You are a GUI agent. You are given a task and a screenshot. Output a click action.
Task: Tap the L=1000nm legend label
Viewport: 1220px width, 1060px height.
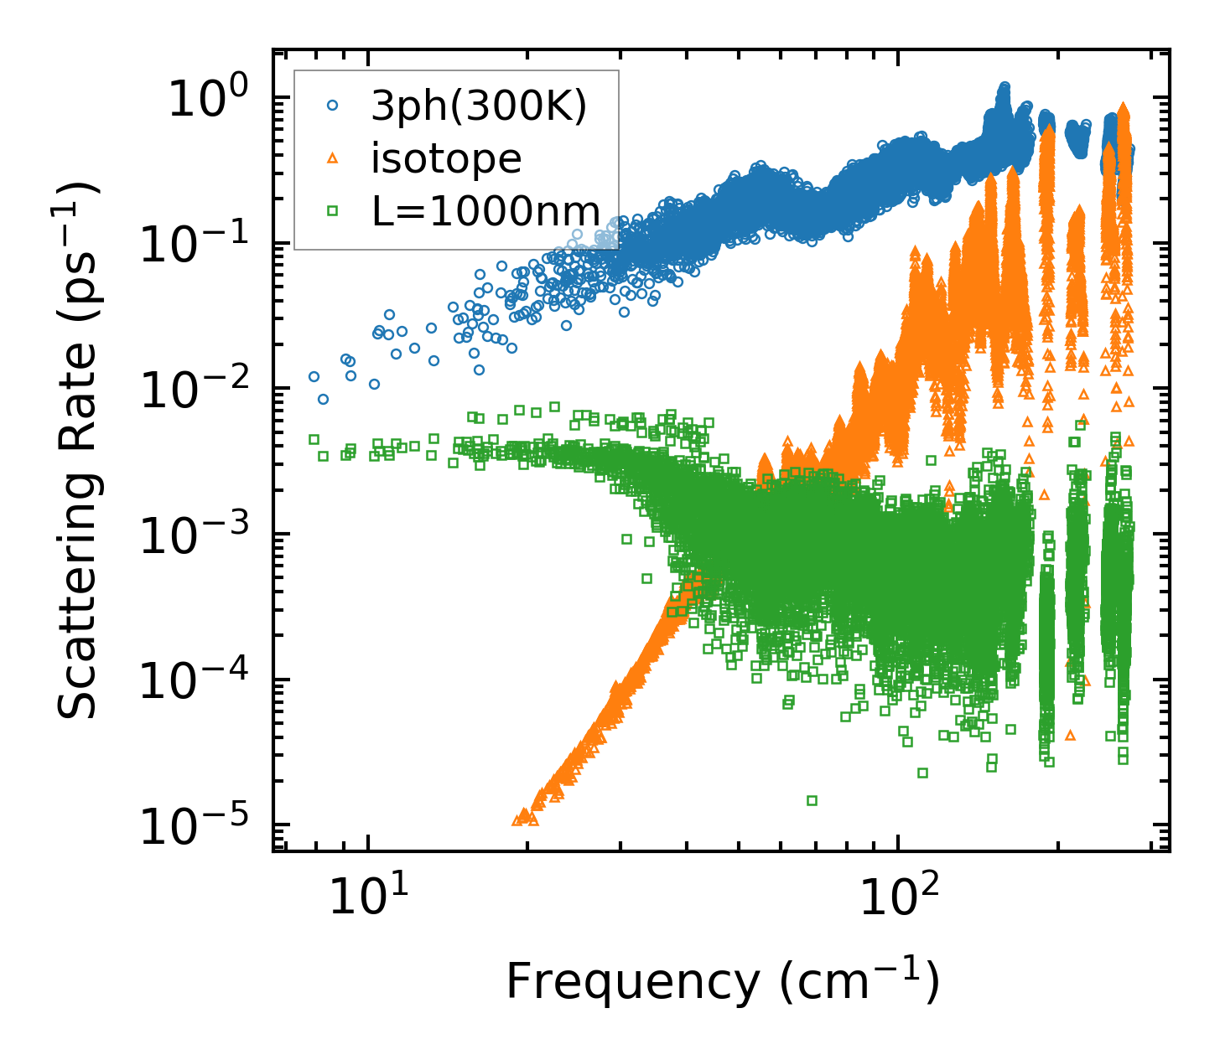point(486,211)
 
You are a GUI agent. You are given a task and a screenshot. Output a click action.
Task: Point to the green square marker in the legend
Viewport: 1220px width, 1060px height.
point(333,211)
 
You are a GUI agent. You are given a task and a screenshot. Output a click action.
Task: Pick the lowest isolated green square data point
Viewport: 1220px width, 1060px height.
point(812,800)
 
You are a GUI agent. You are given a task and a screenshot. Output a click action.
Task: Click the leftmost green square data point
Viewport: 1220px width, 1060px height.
point(314,439)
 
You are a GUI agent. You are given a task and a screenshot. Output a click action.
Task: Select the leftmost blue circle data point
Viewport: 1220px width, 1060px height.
point(314,376)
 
